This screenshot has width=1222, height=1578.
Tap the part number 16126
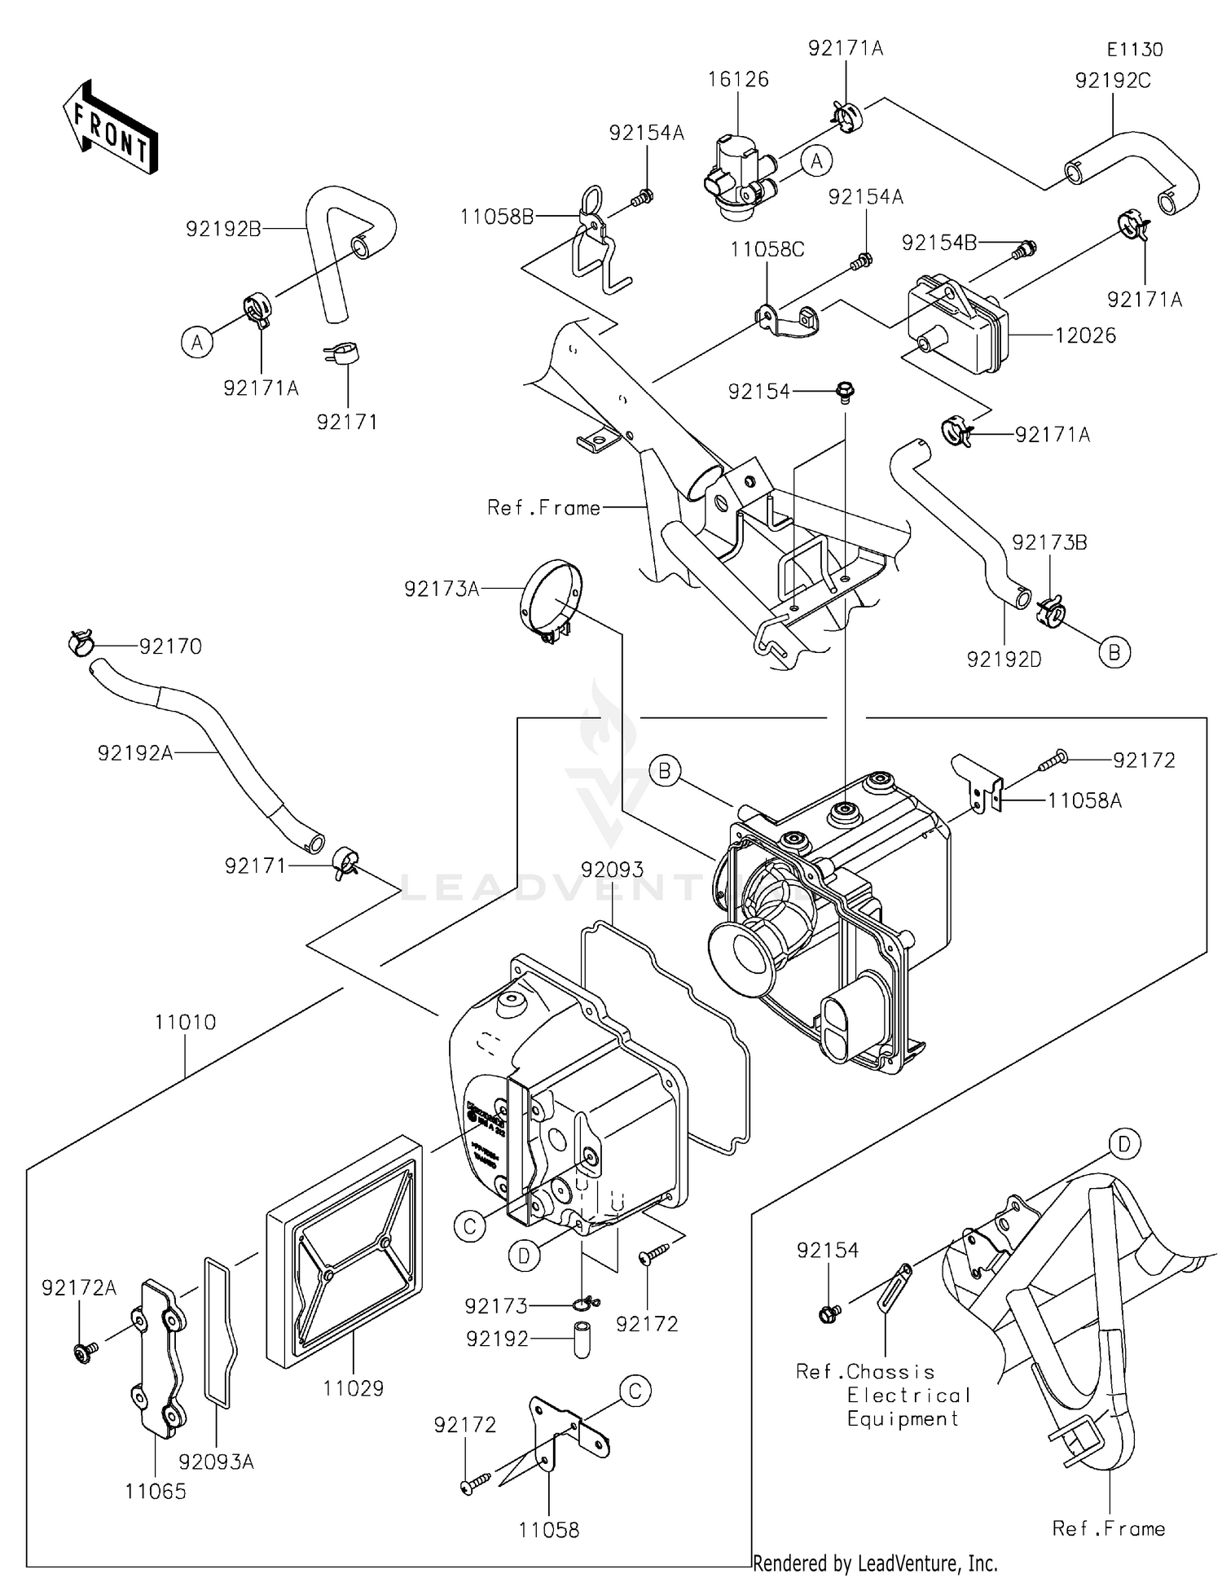point(738,79)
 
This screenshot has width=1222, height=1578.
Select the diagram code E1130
point(1134,49)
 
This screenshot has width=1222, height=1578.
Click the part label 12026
point(1085,335)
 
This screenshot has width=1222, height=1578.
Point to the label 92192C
point(1112,81)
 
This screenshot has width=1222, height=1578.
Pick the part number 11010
point(186,1022)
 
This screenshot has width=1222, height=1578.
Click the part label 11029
point(353,1387)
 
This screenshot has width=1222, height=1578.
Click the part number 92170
point(170,646)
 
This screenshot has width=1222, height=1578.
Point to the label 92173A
point(442,589)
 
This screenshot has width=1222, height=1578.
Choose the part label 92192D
point(1004,660)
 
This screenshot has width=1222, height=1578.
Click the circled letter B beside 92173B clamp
point(1114,651)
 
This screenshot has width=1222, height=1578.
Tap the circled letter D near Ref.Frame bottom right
point(1124,1145)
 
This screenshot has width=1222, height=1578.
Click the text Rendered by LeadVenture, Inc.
point(875,1563)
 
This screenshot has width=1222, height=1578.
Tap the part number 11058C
point(767,249)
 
